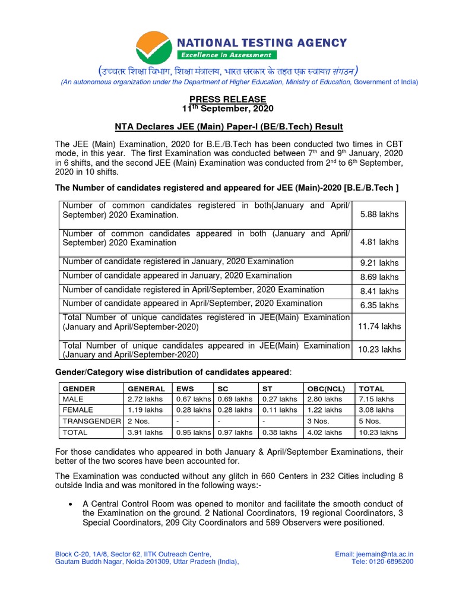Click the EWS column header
[x=185, y=388]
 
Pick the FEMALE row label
[x=77, y=410]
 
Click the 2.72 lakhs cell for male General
[x=145, y=399]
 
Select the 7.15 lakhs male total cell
[x=376, y=399]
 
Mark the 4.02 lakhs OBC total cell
[x=324, y=433]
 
